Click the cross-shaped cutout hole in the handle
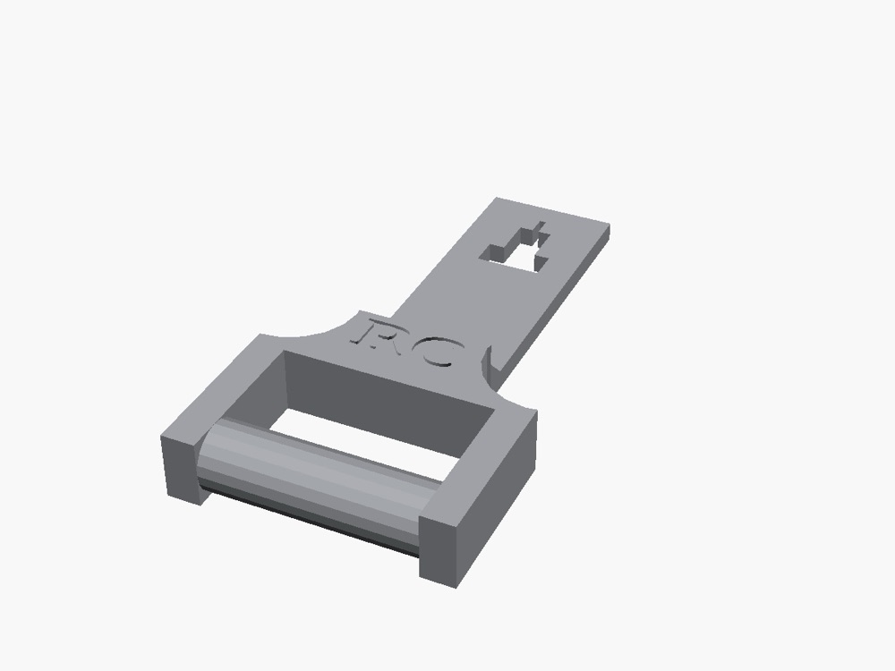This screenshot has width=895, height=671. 516,248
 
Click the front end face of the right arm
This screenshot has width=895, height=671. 439,551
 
